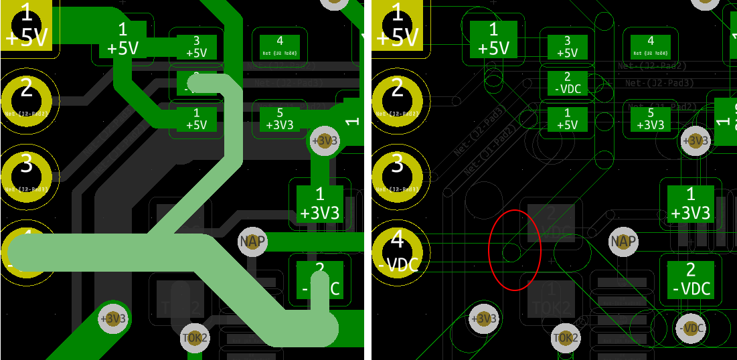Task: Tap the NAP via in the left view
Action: coord(252,241)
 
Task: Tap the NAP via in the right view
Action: coord(623,241)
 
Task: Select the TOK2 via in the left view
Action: coord(195,337)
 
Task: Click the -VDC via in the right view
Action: coord(691,328)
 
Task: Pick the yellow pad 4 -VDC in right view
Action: coord(398,251)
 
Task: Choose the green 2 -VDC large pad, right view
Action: coord(691,279)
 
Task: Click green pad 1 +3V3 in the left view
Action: coord(320,203)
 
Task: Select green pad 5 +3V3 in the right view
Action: coord(651,119)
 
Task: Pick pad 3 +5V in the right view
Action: coord(567,47)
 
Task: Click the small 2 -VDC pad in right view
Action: coord(567,83)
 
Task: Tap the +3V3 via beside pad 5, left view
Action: coord(325,141)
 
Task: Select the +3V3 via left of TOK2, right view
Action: coord(484,319)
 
